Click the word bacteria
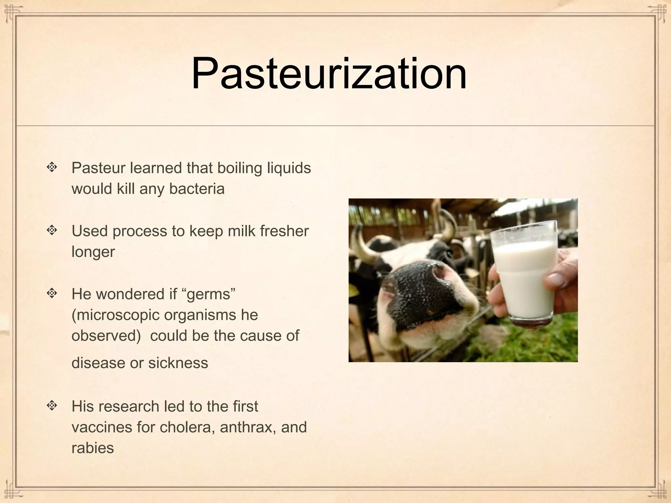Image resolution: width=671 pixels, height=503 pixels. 197,189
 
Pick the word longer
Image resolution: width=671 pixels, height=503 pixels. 93,252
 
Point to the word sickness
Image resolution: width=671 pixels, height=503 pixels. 178,363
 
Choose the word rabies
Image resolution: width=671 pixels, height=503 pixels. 92,448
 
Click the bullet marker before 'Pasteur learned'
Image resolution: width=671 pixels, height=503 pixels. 51,168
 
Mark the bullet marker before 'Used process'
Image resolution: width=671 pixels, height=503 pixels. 51,231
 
